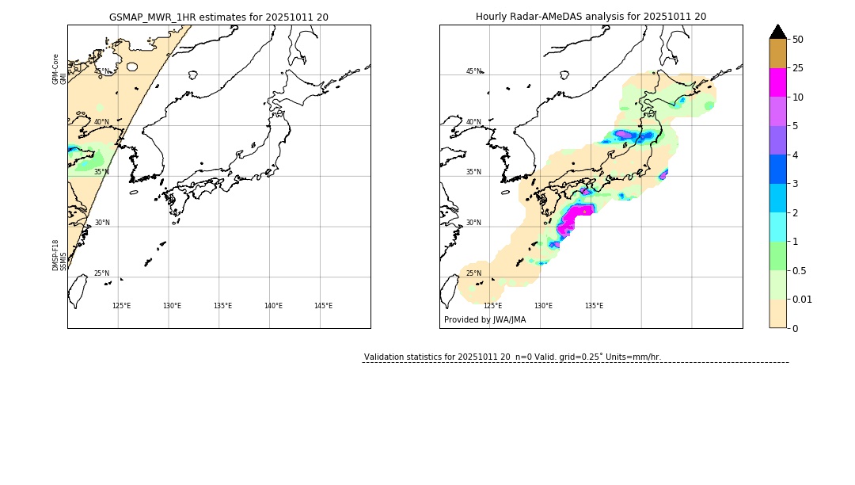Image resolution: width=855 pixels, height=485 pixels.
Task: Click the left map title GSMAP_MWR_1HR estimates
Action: (218, 17)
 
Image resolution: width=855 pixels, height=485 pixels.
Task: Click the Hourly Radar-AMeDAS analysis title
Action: (591, 17)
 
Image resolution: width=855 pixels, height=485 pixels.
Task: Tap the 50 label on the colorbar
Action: (798, 40)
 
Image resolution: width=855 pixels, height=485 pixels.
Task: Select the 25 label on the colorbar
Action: (798, 68)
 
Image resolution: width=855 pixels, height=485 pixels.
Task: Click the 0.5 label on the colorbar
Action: (800, 270)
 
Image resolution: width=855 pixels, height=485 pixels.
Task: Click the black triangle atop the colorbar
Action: (778, 32)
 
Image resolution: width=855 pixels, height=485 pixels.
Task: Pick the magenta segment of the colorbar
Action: (778, 82)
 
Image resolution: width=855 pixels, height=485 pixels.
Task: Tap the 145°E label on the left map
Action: (323, 306)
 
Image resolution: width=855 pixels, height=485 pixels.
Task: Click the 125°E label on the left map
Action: (121, 306)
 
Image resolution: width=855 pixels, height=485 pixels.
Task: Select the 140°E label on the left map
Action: (273, 306)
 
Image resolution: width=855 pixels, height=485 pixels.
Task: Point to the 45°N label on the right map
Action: (473, 71)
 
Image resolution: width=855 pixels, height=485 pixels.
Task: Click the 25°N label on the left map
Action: (102, 273)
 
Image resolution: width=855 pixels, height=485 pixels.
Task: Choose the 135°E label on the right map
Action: (594, 306)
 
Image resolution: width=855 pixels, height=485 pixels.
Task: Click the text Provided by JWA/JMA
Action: (484, 320)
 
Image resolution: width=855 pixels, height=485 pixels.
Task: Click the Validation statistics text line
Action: (512, 357)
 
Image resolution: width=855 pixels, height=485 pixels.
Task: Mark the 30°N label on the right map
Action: (473, 223)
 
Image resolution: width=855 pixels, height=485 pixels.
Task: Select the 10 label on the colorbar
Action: (798, 97)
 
